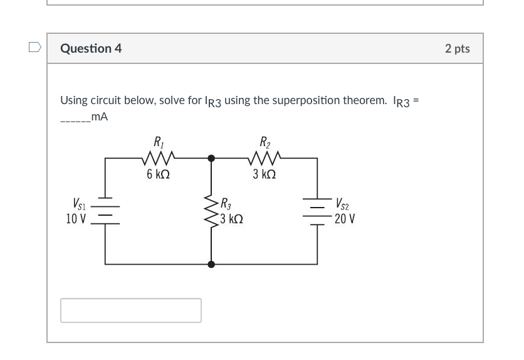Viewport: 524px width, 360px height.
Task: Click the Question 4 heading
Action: (x=91, y=48)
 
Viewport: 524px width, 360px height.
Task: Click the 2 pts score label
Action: (x=457, y=48)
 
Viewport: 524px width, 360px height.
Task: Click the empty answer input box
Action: (x=131, y=310)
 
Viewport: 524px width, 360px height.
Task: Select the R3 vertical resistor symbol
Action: (x=211, y=211)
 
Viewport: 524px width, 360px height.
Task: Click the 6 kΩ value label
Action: (x=158, y=174)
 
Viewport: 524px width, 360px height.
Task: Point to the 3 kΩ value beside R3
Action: (x=232, y=219)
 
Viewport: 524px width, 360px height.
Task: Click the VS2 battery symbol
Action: (x=317, y=211)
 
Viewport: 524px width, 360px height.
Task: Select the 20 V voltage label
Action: (x=345, y=219)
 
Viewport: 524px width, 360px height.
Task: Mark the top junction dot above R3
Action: (x=211, y=159)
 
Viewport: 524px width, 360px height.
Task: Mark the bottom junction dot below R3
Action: (x=211, y=265)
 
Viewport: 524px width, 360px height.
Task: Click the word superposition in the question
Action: (x=283, y=100)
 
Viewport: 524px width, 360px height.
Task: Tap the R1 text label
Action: (x=158, y=141)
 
